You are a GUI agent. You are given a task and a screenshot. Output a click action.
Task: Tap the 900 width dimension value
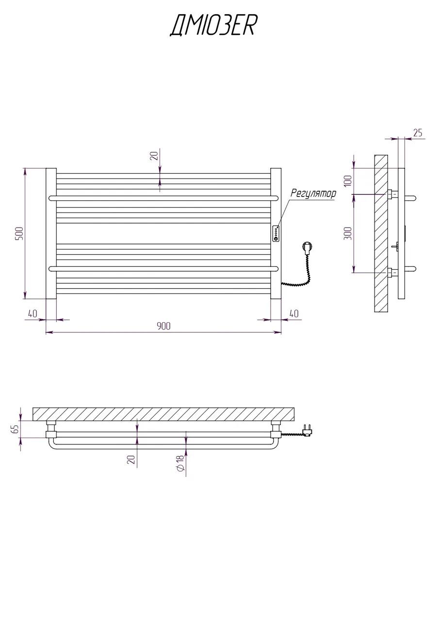tap(164, 326)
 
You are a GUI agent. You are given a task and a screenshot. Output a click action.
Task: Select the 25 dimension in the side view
tap(418, 133)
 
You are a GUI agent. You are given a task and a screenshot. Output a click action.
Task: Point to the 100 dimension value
tap(348, 181)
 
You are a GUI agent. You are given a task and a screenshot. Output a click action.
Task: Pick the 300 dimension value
tap(348, 233)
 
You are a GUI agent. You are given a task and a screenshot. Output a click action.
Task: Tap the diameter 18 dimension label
tap(180, 462)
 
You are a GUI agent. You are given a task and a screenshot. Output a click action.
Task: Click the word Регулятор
tap(313, 193)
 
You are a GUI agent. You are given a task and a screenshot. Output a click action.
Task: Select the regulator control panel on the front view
tap(276, 233)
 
